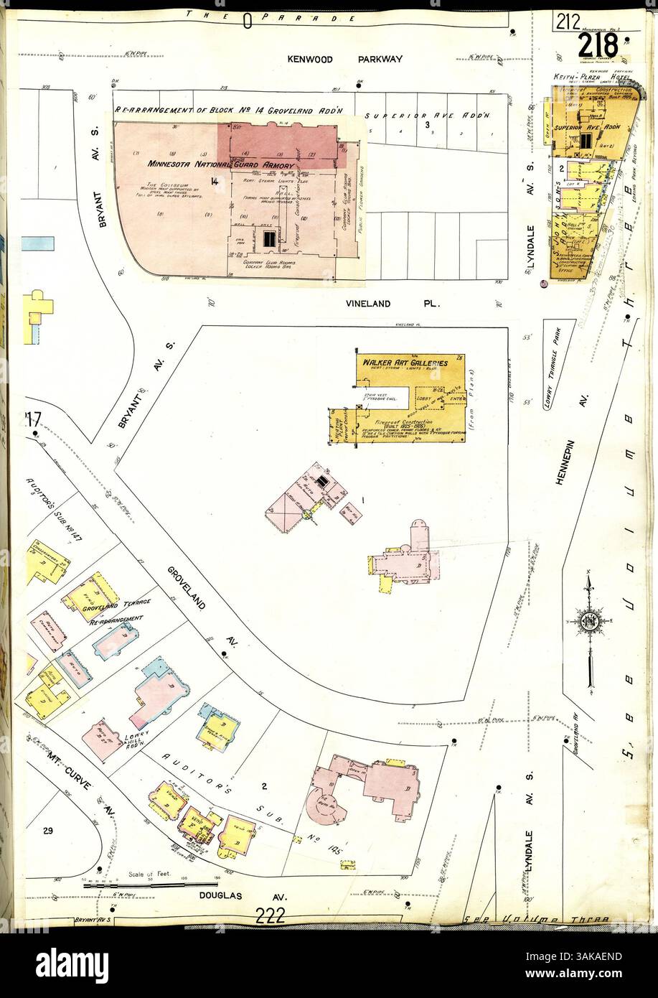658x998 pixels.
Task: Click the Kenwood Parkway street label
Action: [345, 60]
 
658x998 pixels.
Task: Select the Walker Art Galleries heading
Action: [405, 363]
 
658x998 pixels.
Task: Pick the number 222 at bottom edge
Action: [269, 917]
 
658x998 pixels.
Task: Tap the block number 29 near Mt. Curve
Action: [47, 831]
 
